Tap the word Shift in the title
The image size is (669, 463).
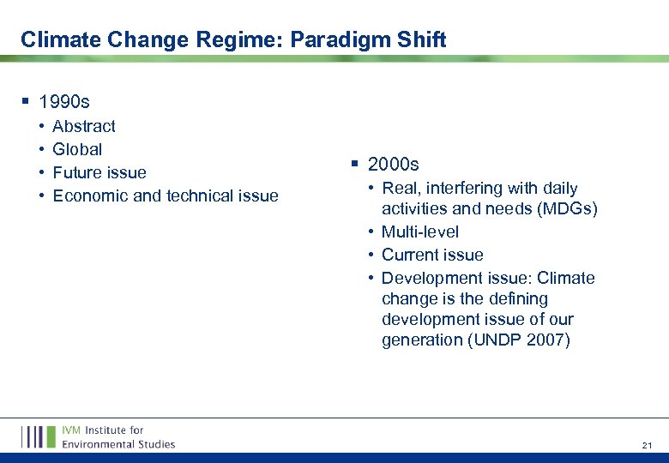(419, 39)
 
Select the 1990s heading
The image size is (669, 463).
(64, 102)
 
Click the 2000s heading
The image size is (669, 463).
(394, 164)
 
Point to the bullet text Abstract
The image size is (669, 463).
(84, 126)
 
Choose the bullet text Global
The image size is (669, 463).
(77, 149)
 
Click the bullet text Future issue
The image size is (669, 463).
(99, 172)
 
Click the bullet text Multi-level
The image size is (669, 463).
(420, 231)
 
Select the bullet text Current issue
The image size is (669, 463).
(432, 255)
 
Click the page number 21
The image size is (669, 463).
(646, 446)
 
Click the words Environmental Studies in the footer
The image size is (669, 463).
(118, 443)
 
